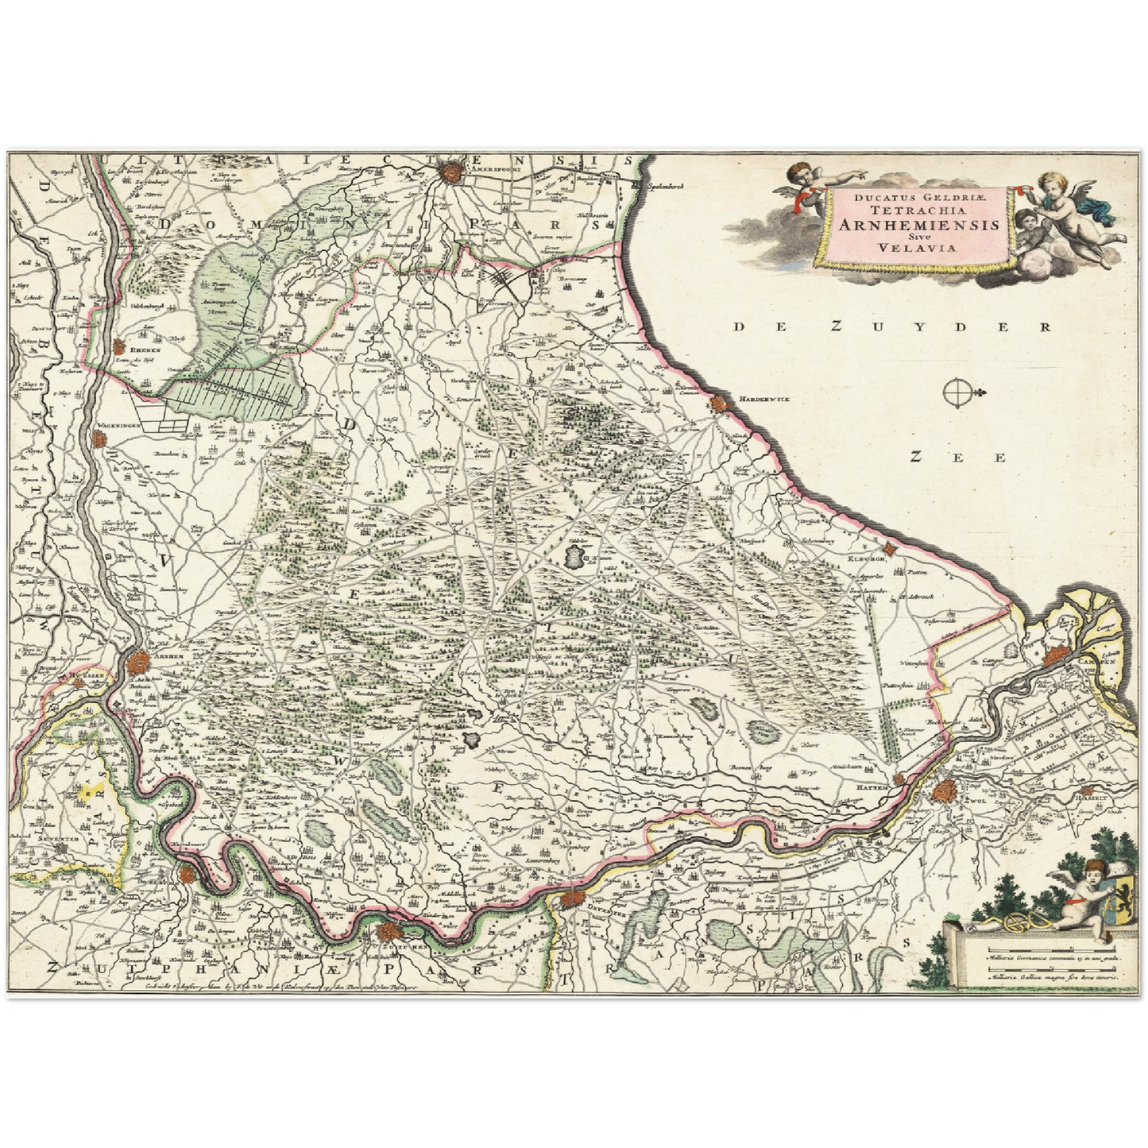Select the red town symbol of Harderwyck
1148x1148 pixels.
tap(720, 404)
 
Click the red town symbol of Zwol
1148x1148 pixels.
tap(945, 791)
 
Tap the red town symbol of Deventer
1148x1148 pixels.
tap(570, 900)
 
